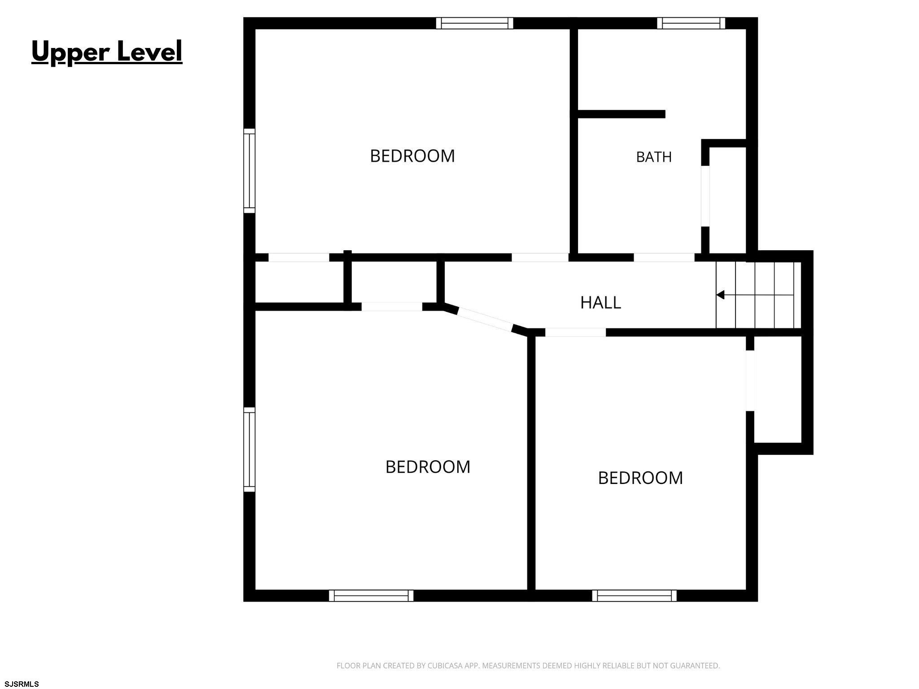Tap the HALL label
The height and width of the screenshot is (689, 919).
(600, 303)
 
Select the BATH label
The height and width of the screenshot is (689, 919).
(654, 157)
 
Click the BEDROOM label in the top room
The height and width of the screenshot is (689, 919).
(412, 156)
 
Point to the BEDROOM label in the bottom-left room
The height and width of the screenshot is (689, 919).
(428, 467)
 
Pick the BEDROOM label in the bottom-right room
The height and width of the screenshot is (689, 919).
(640, 478)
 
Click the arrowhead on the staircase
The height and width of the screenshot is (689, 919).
(720, 295)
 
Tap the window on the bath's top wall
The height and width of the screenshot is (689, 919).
(691, 23)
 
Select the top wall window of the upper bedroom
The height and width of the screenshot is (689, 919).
(475, 23)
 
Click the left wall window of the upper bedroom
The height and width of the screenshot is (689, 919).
(249, 171)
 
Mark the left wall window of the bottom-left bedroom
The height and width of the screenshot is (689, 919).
(249, 449)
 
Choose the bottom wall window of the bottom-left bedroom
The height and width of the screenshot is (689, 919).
(371, 596)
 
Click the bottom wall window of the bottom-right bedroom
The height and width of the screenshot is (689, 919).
(635, 596)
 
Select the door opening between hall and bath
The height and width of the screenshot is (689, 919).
(664, 257)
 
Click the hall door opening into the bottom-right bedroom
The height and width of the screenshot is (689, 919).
(576, 332)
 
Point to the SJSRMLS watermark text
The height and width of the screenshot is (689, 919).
(22, 684)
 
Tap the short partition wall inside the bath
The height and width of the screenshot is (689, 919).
(621, 114)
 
